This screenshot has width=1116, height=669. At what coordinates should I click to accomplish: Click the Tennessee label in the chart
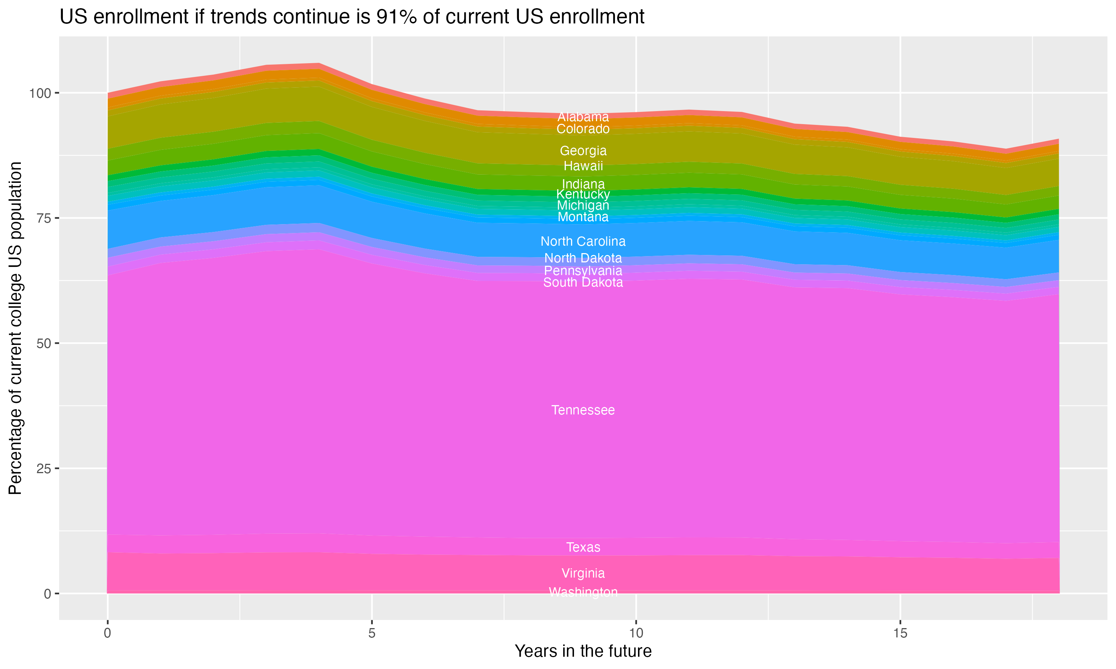[x=583, y=410]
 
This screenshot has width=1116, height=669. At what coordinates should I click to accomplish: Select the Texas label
[x=583, y=547]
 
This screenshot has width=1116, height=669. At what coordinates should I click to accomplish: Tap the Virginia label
[x=583, y=573]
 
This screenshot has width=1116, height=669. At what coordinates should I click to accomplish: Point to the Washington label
[x=583, y=592]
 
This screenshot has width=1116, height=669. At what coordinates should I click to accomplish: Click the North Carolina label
[x=583, y=242]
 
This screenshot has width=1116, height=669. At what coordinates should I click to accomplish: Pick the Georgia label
[x=583, y=151]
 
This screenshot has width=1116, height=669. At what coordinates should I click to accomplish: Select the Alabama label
[x=583, y=117]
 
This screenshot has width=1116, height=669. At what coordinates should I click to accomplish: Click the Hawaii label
[x=583, y=166]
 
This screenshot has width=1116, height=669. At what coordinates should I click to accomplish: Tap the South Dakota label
[x=583, y=283]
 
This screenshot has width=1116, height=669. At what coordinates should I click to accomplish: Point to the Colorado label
[x=583, y=129]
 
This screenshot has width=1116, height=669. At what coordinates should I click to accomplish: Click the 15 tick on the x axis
[x=900, y=633]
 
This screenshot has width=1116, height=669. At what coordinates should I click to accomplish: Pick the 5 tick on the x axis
[x=372, y=633]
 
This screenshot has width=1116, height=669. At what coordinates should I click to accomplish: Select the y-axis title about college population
[x=15, y=328]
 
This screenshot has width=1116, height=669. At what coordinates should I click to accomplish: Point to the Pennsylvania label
[x=583, y=271]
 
